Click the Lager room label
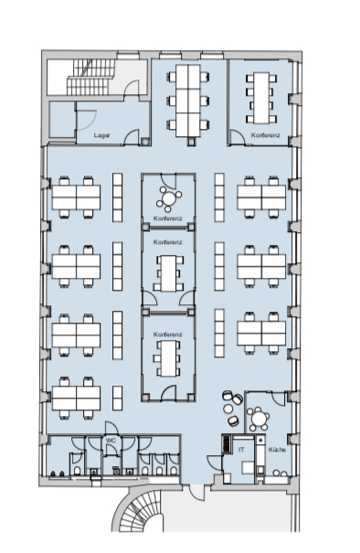[101, 135]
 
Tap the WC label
[111, 441]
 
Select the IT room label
[241, 450]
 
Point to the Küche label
[277, 450]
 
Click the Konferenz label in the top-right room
[266, 135]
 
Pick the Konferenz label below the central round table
[168, 218]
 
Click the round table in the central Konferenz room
[169, 197]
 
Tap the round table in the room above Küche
[259, 419]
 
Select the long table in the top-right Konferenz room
[261, 98]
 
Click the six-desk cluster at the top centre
[188, 101]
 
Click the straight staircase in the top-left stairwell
[91, 77]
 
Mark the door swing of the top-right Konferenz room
[238, 137]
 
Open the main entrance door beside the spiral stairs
[196, 493]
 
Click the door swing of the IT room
[215, 463]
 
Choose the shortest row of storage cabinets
[118, 398]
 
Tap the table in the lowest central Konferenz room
[168, 358]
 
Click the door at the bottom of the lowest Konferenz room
[168, 393]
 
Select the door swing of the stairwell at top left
[132, 88]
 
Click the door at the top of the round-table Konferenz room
[168, 181]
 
